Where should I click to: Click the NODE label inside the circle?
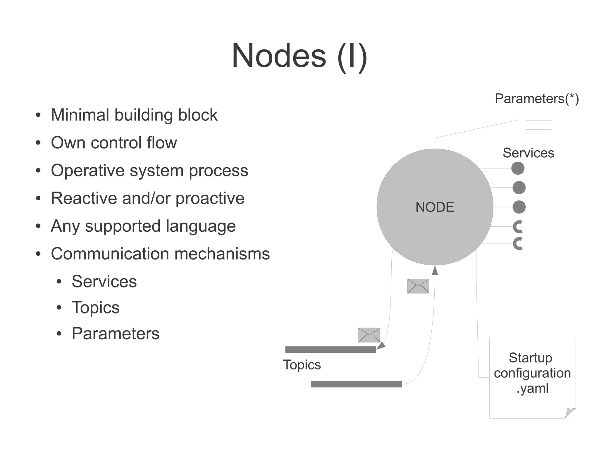pos(435,207)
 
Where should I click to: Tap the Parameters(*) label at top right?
pos(536,99)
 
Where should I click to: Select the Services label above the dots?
pos(528,153)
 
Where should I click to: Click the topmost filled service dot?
pos(518,168)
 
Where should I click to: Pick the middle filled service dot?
pos(519,187)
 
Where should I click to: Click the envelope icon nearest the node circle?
pos(418,286)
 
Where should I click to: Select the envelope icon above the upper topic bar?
pos(369,335)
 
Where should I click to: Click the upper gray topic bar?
pos(330,350)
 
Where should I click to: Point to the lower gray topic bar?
pos(356,384)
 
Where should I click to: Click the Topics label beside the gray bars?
pos(302,365)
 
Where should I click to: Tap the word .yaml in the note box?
pos(532,388)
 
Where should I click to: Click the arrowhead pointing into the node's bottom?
pos(435,270)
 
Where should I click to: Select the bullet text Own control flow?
pos(114,142)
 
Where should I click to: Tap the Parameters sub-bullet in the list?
pos(116,333)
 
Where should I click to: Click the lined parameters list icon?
pos(538,121)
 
